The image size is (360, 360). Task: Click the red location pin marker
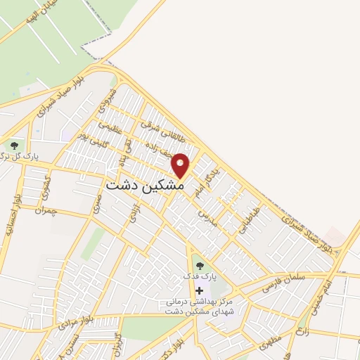pos(181,165)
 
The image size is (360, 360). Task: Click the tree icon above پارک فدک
pos(199,265)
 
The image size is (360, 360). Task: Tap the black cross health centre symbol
pos(199,290)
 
